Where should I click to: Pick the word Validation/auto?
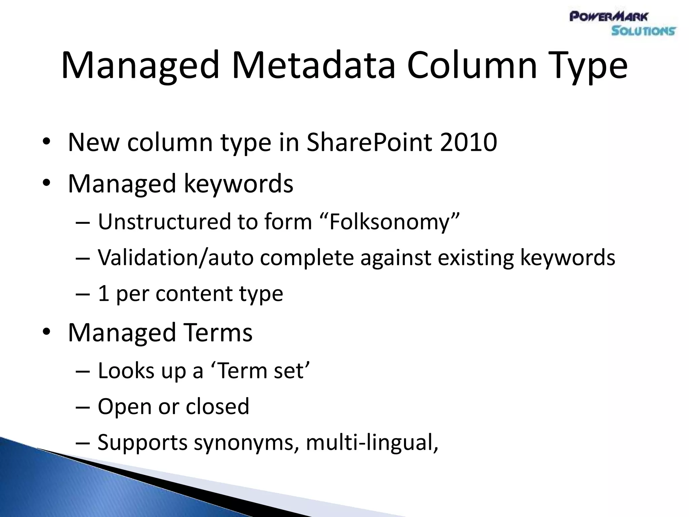[175, 258]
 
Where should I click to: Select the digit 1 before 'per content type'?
[103, 294]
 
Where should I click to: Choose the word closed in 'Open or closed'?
[217, 406]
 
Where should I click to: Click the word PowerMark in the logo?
[609, 16]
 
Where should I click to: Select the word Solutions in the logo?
[643, 31]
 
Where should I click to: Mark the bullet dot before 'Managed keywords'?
[46, 182]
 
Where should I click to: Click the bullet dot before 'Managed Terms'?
[46, 332]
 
